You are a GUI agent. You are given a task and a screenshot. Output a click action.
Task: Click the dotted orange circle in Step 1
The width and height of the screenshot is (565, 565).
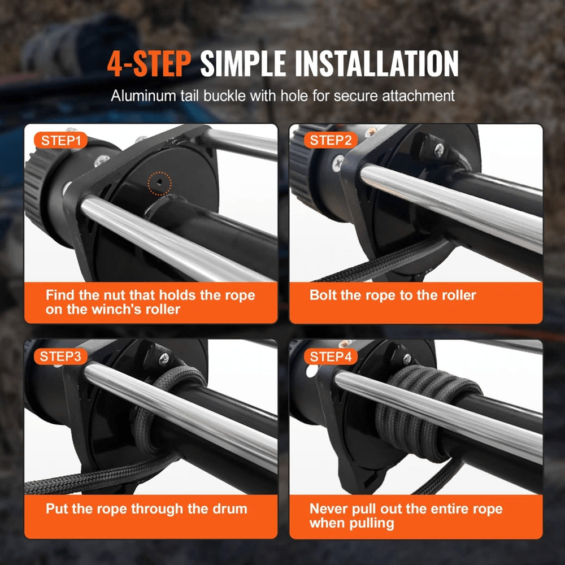(160, 182)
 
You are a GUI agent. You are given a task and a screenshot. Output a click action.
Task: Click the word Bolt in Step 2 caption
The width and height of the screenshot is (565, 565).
(322, 295)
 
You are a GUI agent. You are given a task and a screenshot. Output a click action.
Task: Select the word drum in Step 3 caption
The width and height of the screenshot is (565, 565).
(232, 508)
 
